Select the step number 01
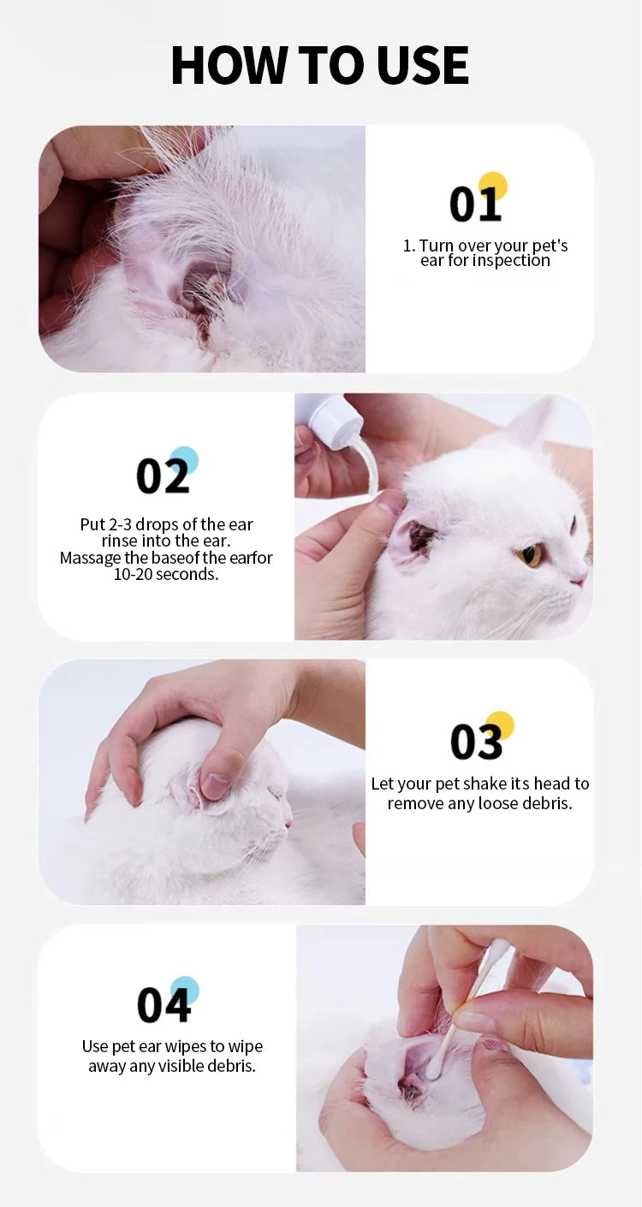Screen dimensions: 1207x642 coord(474,205)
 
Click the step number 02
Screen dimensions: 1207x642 coord(162,476)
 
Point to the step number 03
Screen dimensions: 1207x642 coord(476,742)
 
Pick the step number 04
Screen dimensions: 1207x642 coord(163,1005)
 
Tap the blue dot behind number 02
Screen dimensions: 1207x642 coord(184,460)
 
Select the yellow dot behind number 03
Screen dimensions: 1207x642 coord(500,725)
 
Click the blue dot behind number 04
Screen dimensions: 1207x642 coord(185,990)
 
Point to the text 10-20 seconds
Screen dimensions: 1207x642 coord(166,575)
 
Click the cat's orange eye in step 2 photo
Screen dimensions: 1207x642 coord(530,555)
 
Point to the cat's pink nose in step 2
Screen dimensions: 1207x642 coord(580,579)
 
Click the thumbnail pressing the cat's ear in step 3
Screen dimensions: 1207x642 coord(215,784)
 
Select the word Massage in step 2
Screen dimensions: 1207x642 coord(89,559)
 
